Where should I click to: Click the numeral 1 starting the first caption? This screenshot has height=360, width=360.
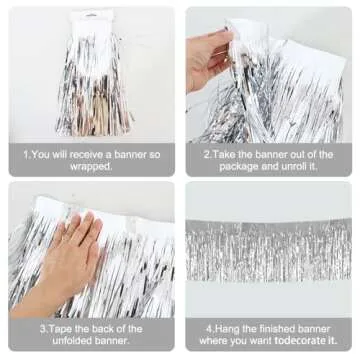pos(26,155)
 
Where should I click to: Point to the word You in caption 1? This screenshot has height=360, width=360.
pos(41,155)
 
